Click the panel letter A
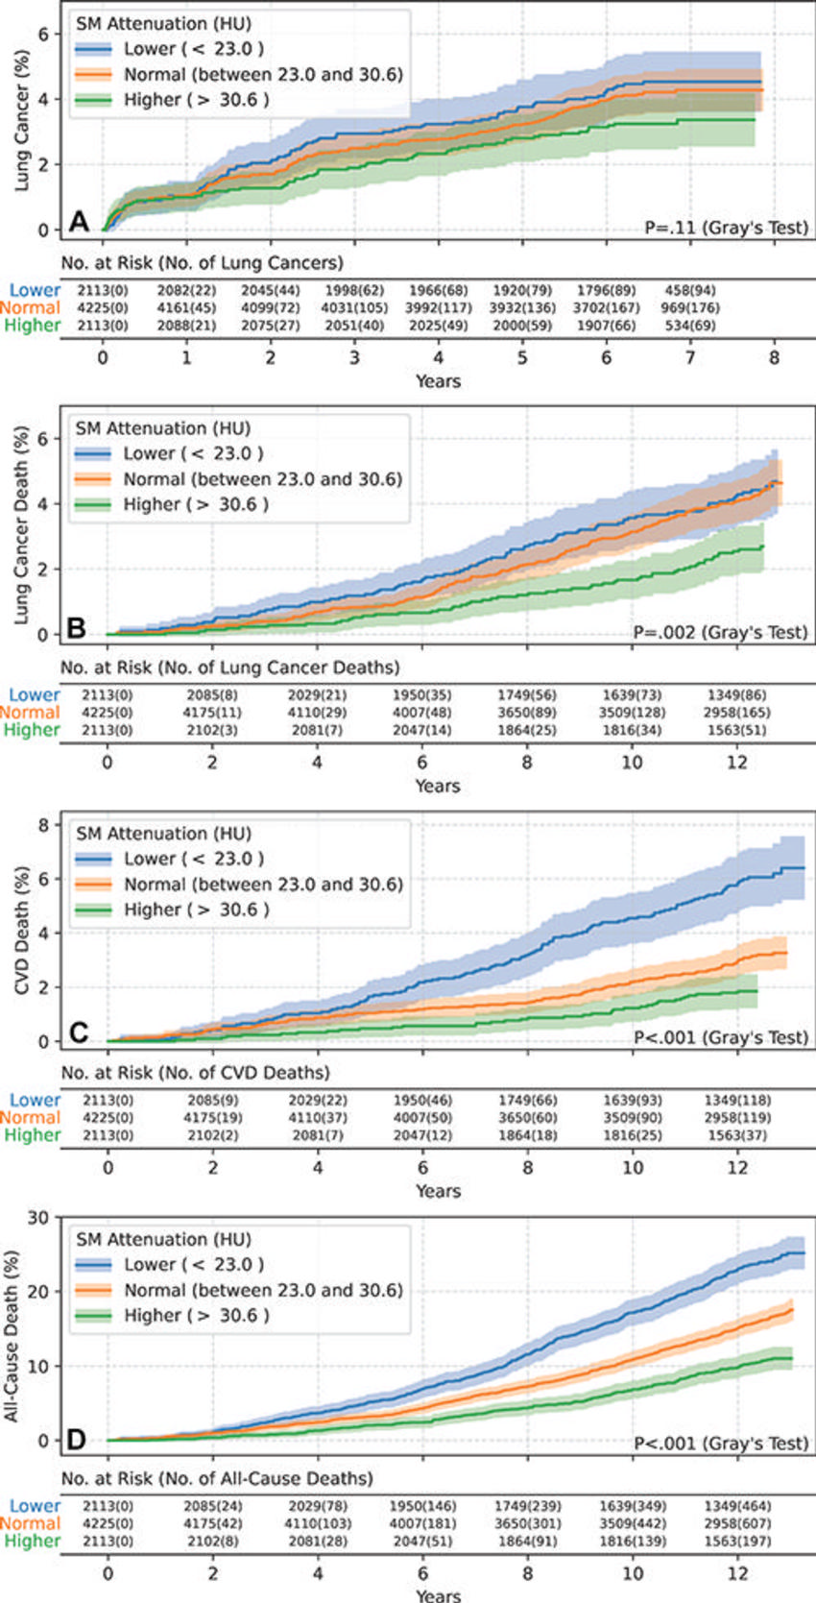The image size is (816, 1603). coord(79,222)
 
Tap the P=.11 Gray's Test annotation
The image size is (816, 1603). coord(726,229)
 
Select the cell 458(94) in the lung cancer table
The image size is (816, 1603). coord(689,290)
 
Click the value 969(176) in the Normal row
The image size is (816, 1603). coord(689,308)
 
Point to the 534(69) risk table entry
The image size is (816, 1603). coord(689,326)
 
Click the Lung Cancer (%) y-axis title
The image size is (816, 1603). coord(22,120)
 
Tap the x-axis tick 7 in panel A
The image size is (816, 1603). coord(690,357)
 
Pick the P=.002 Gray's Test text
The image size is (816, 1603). coord(720,633)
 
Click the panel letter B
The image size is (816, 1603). coord(77,628)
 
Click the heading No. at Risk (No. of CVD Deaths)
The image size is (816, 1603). coord(195,1072)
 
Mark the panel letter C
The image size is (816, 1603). coord(79,1032)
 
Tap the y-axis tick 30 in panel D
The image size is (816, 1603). coord(38,1218)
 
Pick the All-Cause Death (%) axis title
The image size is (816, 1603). coord(12,1336)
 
